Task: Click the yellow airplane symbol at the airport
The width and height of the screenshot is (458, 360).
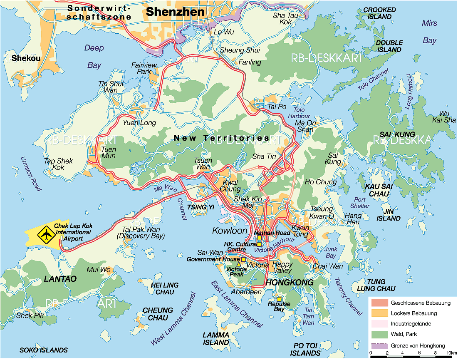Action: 45,235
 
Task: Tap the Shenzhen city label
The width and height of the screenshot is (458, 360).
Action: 175,12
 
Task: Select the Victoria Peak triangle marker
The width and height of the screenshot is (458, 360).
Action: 238,264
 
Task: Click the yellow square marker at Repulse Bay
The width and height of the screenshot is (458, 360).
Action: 279,299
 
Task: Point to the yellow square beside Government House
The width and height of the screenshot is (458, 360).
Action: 244,259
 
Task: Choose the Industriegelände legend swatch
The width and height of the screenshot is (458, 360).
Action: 379,324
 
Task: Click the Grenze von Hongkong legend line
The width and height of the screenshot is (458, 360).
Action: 379,345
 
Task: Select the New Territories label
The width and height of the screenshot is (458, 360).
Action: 221,138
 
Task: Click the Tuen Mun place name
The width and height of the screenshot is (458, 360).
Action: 109,152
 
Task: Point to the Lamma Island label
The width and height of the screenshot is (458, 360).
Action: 216,338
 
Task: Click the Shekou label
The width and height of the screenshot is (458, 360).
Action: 26,58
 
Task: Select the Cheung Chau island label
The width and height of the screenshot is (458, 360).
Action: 158,314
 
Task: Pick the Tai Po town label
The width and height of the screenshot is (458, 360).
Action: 277,107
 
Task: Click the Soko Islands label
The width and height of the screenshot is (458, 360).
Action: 44,350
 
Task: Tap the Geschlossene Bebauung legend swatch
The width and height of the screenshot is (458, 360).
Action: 379,302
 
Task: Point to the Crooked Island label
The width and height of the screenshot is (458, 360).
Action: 379,13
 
